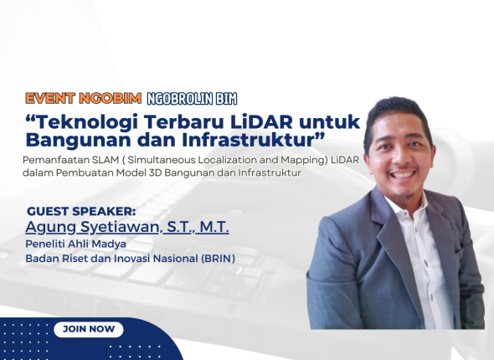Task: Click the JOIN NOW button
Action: (89, 329)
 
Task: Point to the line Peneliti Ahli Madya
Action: (76, 244)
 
